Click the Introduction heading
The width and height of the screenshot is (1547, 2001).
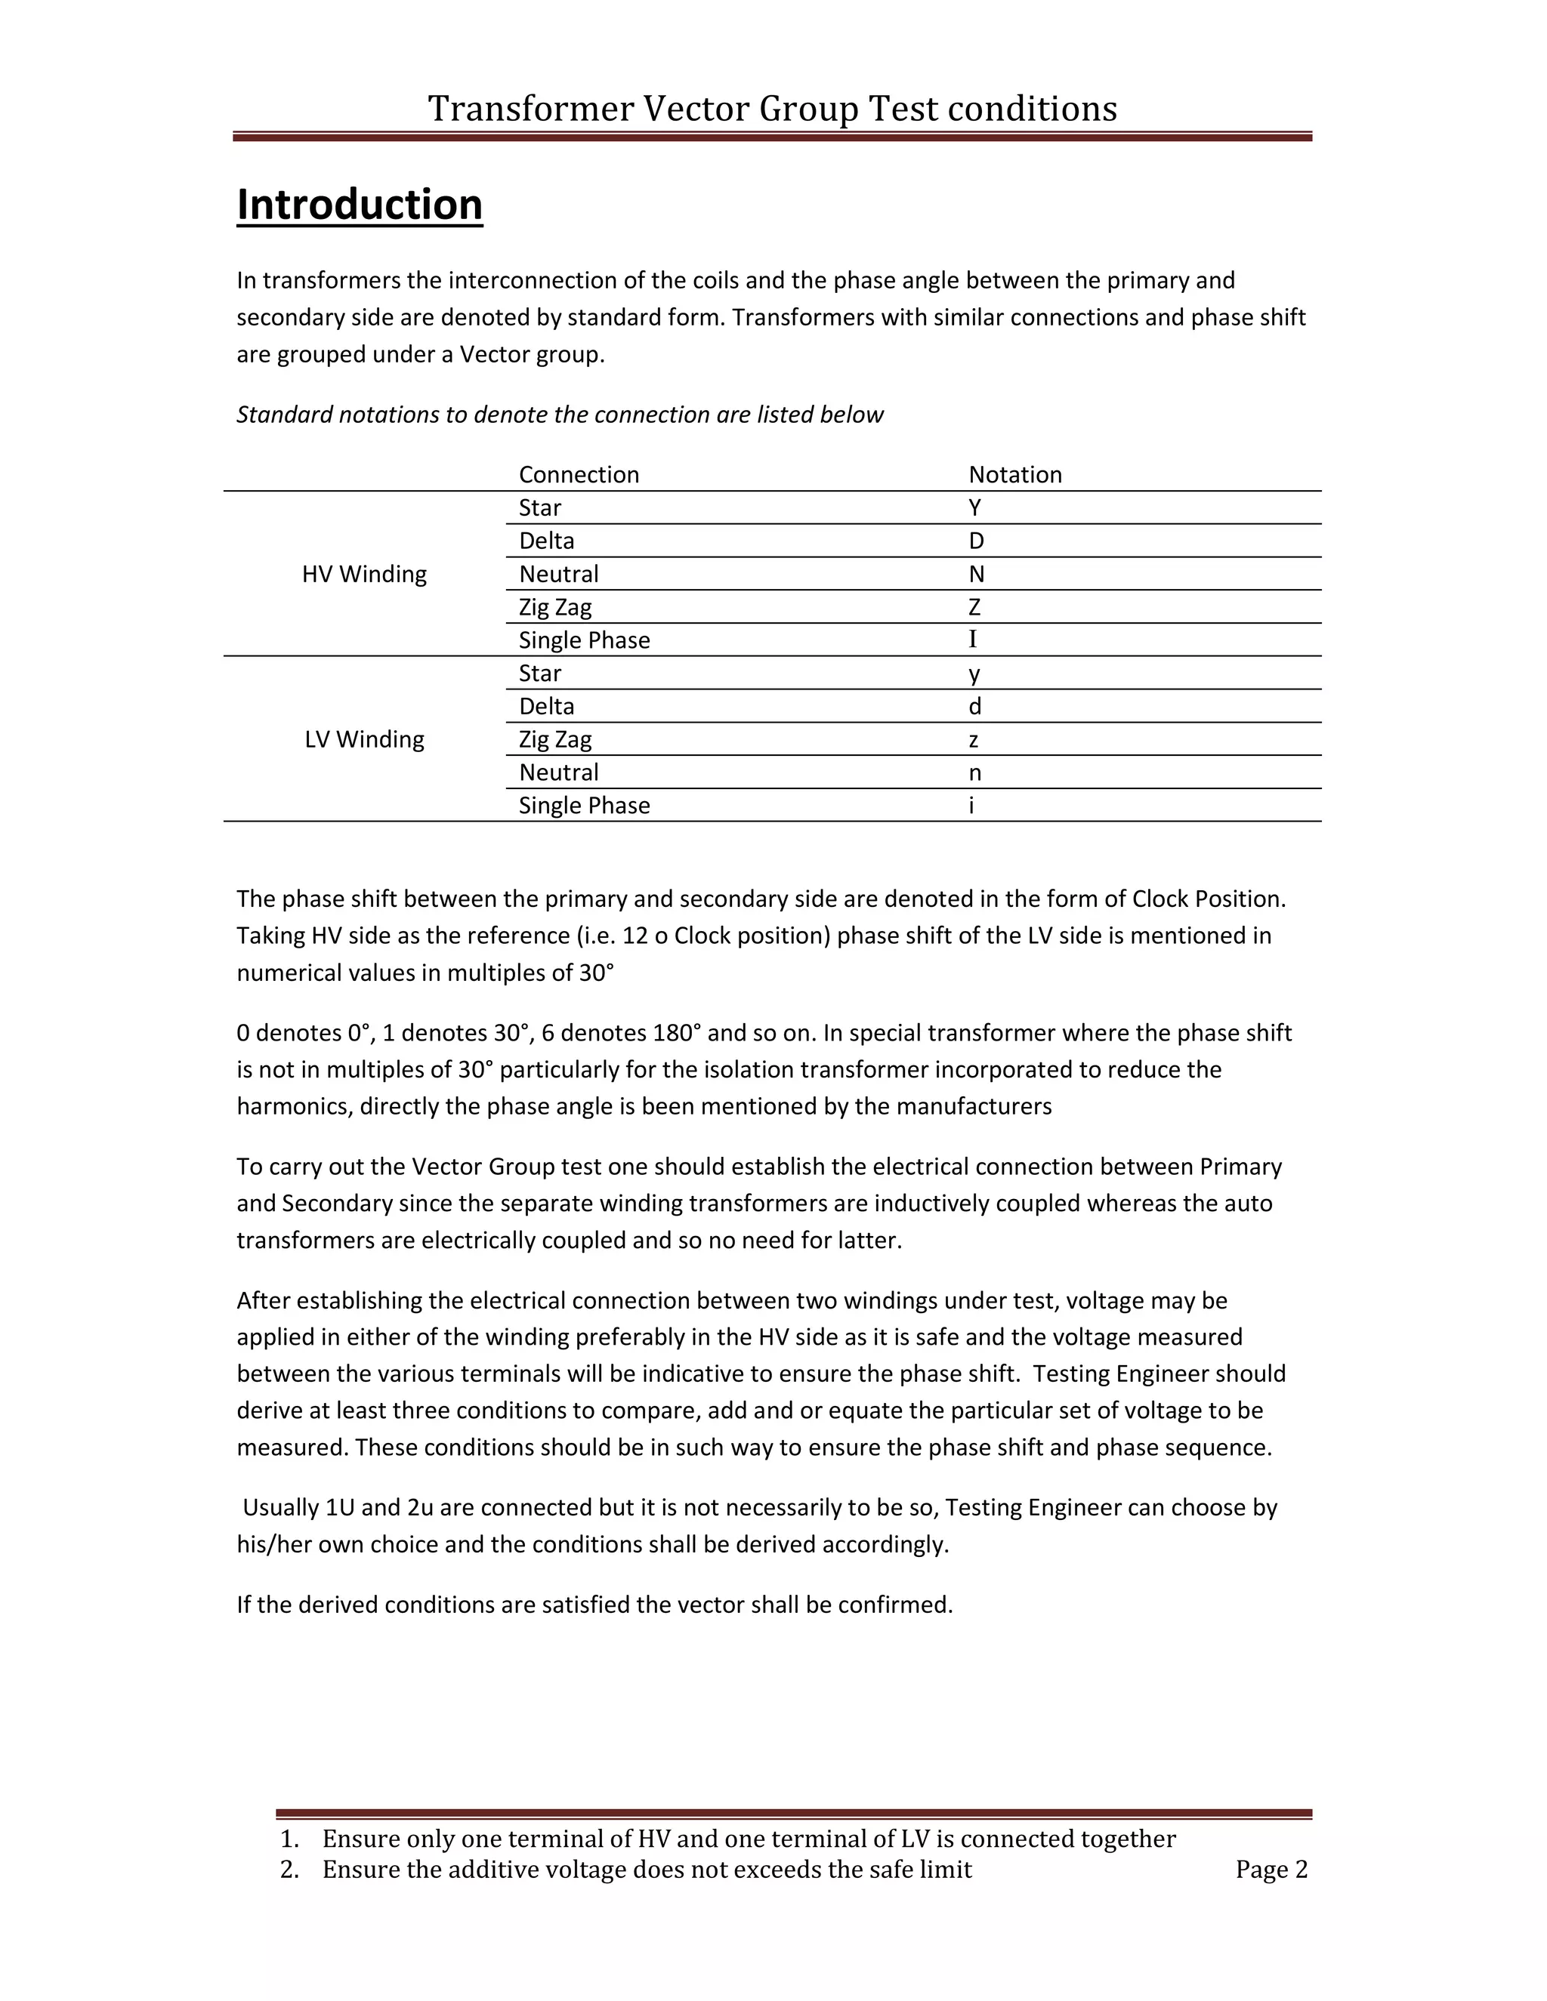(360, 205)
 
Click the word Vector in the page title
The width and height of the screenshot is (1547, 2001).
(696, 108)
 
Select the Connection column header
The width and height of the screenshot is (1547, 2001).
(579, 475)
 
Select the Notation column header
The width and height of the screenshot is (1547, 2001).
(1014, 475)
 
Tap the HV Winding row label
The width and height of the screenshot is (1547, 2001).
(364, 575)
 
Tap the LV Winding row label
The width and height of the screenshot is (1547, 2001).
(364, 739)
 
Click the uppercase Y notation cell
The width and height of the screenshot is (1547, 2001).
(974, 507)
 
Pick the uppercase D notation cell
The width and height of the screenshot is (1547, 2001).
(975, 541)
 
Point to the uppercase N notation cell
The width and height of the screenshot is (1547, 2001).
(976, 575)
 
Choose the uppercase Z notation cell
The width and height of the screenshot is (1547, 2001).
(974, 607)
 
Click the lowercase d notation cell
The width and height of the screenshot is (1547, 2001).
(974, 707)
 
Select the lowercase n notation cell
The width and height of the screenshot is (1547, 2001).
(974, 773)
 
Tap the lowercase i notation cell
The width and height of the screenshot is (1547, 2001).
(971, 806)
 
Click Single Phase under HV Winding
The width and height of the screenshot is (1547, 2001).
(584, 640)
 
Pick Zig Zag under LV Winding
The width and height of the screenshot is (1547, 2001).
(554, 739)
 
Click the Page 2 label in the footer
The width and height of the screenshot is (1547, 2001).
(1271, 1869)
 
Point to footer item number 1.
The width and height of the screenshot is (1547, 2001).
(289, 1839)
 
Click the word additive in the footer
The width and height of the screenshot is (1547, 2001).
(493, 1869)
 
